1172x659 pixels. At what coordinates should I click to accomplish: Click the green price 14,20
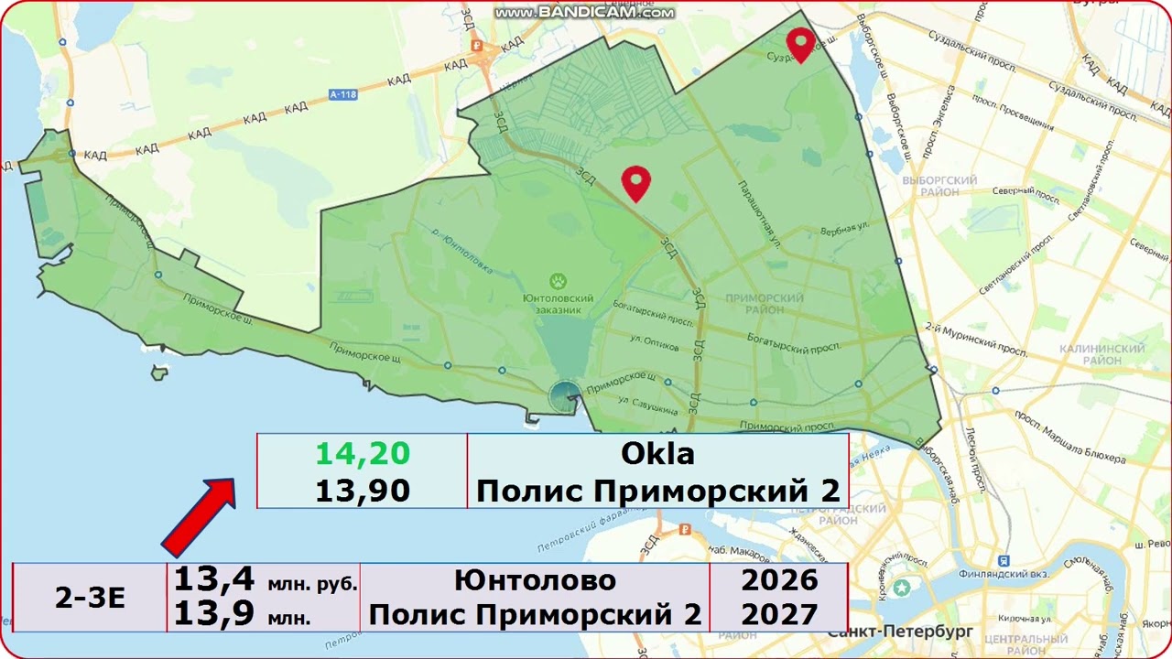coord(363,453)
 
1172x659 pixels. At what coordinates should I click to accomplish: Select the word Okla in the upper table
coord(657,453)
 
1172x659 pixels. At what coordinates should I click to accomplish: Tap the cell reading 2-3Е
coord(90,598)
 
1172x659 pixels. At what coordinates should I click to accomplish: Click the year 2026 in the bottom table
coord(779,579)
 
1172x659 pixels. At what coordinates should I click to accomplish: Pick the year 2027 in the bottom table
coord(779,614)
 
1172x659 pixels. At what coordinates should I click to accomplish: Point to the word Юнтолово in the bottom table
coord(535,579)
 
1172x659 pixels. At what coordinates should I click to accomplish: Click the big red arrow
coord(199,516)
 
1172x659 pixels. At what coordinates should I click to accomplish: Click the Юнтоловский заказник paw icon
coord(559,280)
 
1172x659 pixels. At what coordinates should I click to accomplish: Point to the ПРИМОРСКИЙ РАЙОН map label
coord(764,305)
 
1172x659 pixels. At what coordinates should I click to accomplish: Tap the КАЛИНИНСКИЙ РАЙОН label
coord(1101,355)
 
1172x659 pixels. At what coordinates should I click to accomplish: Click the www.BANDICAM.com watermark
coord(584,13)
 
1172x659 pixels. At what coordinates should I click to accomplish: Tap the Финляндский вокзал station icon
coord(1004,559)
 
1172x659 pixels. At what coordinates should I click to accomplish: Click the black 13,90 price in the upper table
coord(363,491)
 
